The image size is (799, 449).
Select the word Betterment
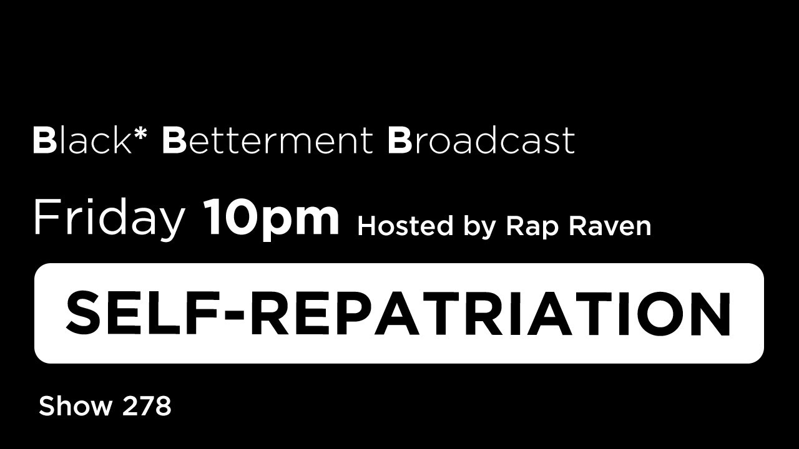point(267,141)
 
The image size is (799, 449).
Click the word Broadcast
point(481,141)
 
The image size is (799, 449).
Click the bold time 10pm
point(272,218)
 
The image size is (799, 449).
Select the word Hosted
point(404,226)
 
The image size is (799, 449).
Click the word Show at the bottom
point(75,407)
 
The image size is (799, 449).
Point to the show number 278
point(147,407)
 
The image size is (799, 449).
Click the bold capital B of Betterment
point(174,141)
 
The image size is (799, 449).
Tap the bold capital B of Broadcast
point(399,141)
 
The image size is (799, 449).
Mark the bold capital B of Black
point(45,141)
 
